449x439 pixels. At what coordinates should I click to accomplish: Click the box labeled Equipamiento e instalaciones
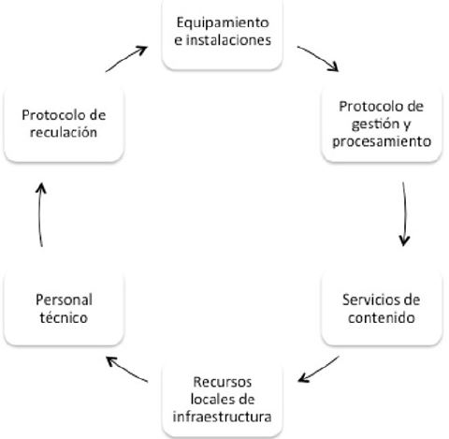pos(222,35)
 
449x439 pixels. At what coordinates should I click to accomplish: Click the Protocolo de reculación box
pos(63,124)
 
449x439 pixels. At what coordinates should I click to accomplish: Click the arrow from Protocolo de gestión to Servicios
pos(403,213)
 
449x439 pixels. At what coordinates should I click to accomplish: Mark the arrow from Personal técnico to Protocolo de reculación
pos(41,214)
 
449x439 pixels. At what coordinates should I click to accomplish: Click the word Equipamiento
pos(223,22)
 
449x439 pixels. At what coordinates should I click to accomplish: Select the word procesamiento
pos(384,142)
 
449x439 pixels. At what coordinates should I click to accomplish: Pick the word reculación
pos(63,133)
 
